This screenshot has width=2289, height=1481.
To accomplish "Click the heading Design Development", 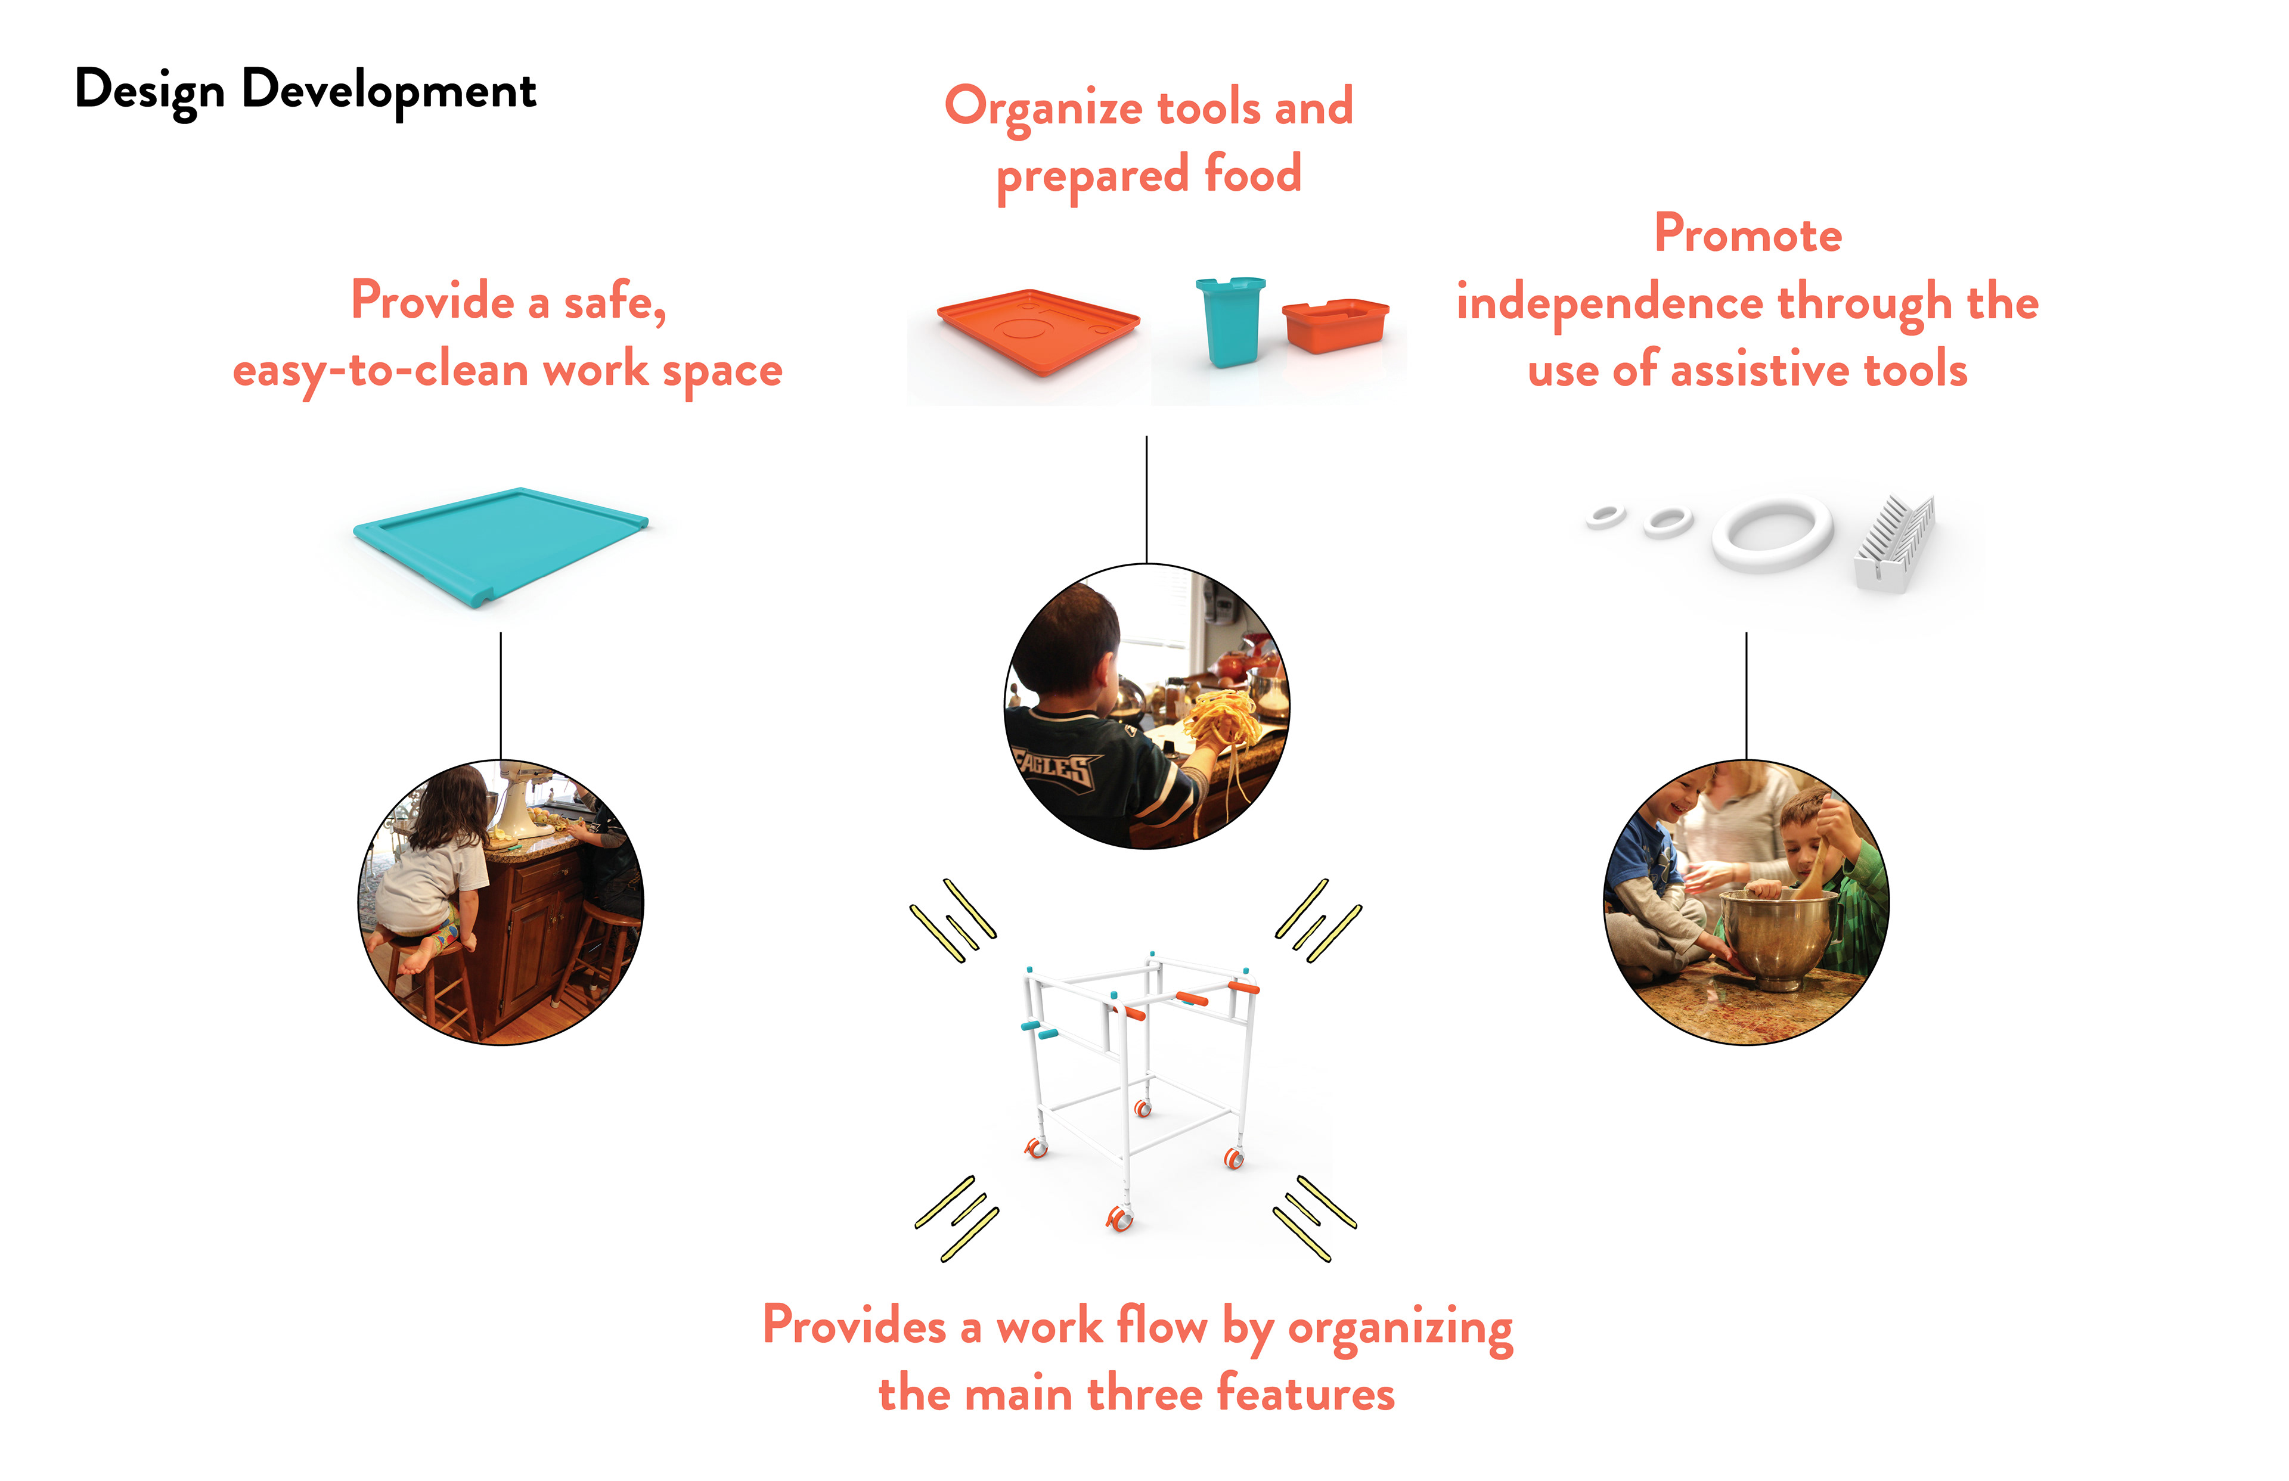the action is click(305, 91).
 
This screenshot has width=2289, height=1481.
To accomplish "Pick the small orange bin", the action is click(1335, 324).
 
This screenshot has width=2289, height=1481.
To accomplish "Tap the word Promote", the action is click(1748, 235).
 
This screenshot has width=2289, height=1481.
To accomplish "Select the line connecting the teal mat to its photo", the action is click(500, 694).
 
